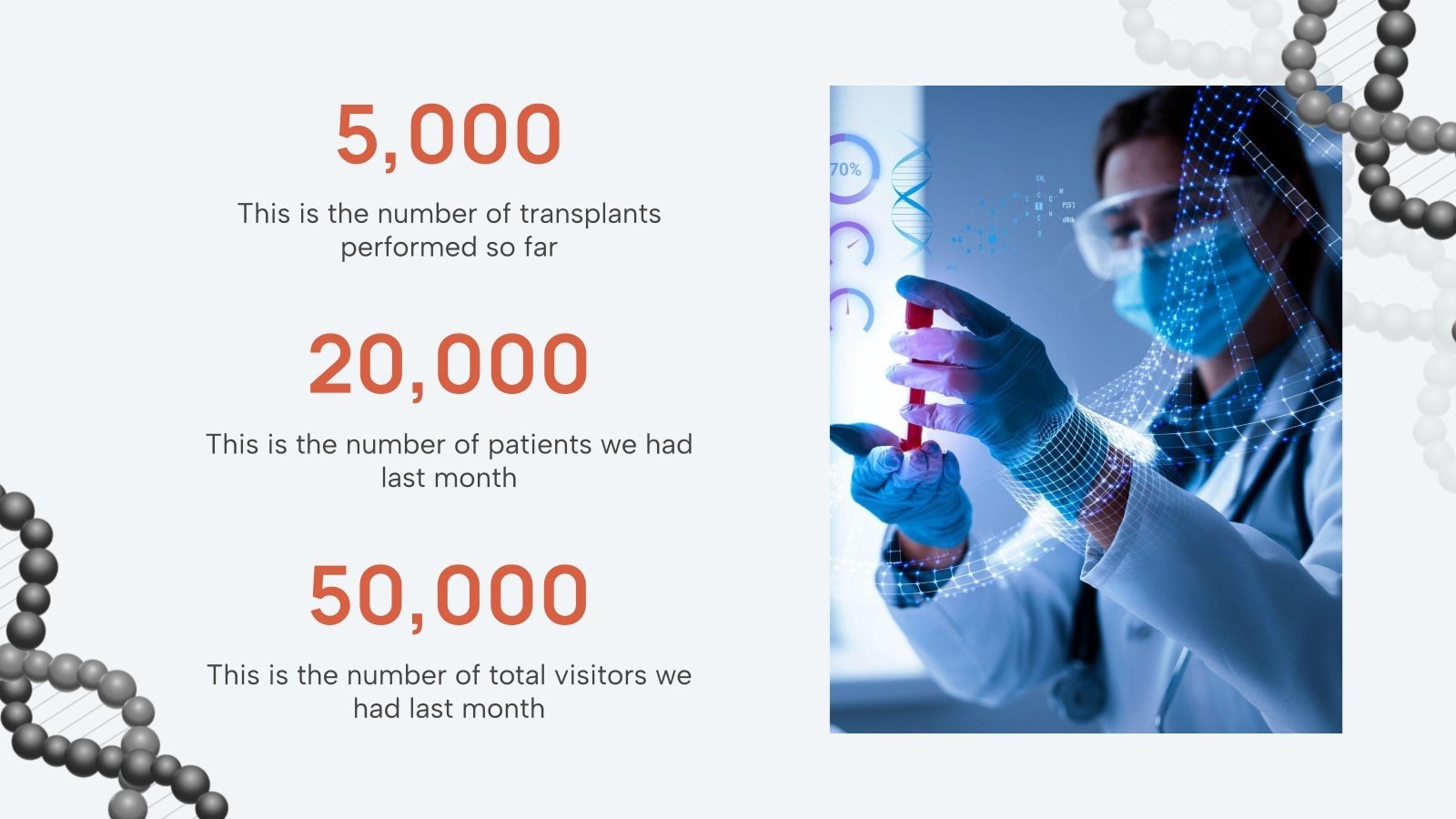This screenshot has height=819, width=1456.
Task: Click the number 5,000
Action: click(x=449, y=135)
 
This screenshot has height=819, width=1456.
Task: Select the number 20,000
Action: click(x=449, y=364)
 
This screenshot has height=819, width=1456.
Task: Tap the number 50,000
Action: click(x=449, y=595)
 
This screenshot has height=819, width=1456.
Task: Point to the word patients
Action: click(x=539, y=445)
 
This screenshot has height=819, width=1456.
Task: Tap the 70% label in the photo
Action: click(x=845, y=169)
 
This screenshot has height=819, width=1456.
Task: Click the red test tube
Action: click(x=916, y=378)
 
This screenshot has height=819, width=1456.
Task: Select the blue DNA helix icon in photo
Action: click(x=912, y=196)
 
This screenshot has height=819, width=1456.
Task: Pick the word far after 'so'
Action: click(x=540, y=248)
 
